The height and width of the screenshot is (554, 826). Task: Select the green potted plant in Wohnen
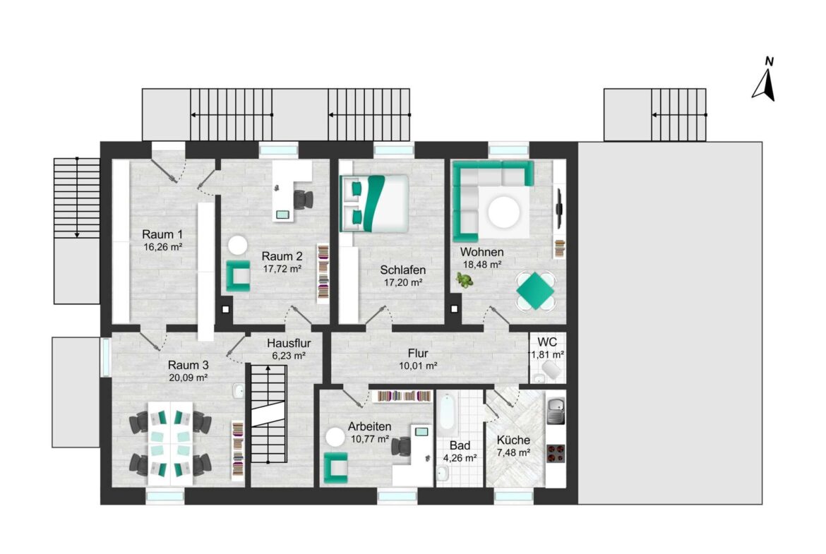(x=464, y=280)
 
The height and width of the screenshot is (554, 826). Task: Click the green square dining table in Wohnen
(x=536, y=290)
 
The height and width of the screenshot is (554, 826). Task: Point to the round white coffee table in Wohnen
(x=504, y=212)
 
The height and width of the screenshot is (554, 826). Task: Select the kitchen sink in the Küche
(x=556, y=411)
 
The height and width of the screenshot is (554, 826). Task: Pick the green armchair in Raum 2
(x=238, y=275)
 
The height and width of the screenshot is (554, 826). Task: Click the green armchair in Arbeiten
(x=336, y=468)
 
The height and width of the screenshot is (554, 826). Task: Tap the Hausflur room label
(x=289, y=344)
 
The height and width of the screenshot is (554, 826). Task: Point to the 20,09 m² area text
(x=188, y=377)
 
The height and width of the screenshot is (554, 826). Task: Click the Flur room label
(x=418, y=354)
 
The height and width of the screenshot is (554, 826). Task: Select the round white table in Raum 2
(x=238, y=246)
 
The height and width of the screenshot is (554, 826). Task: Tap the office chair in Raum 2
(x=302, y=200)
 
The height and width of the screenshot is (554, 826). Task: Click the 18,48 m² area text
(x=481, y=265)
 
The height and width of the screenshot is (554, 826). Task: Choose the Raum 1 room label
(x=162, y=234)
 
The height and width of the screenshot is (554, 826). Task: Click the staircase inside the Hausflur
(x=268, y=415)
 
